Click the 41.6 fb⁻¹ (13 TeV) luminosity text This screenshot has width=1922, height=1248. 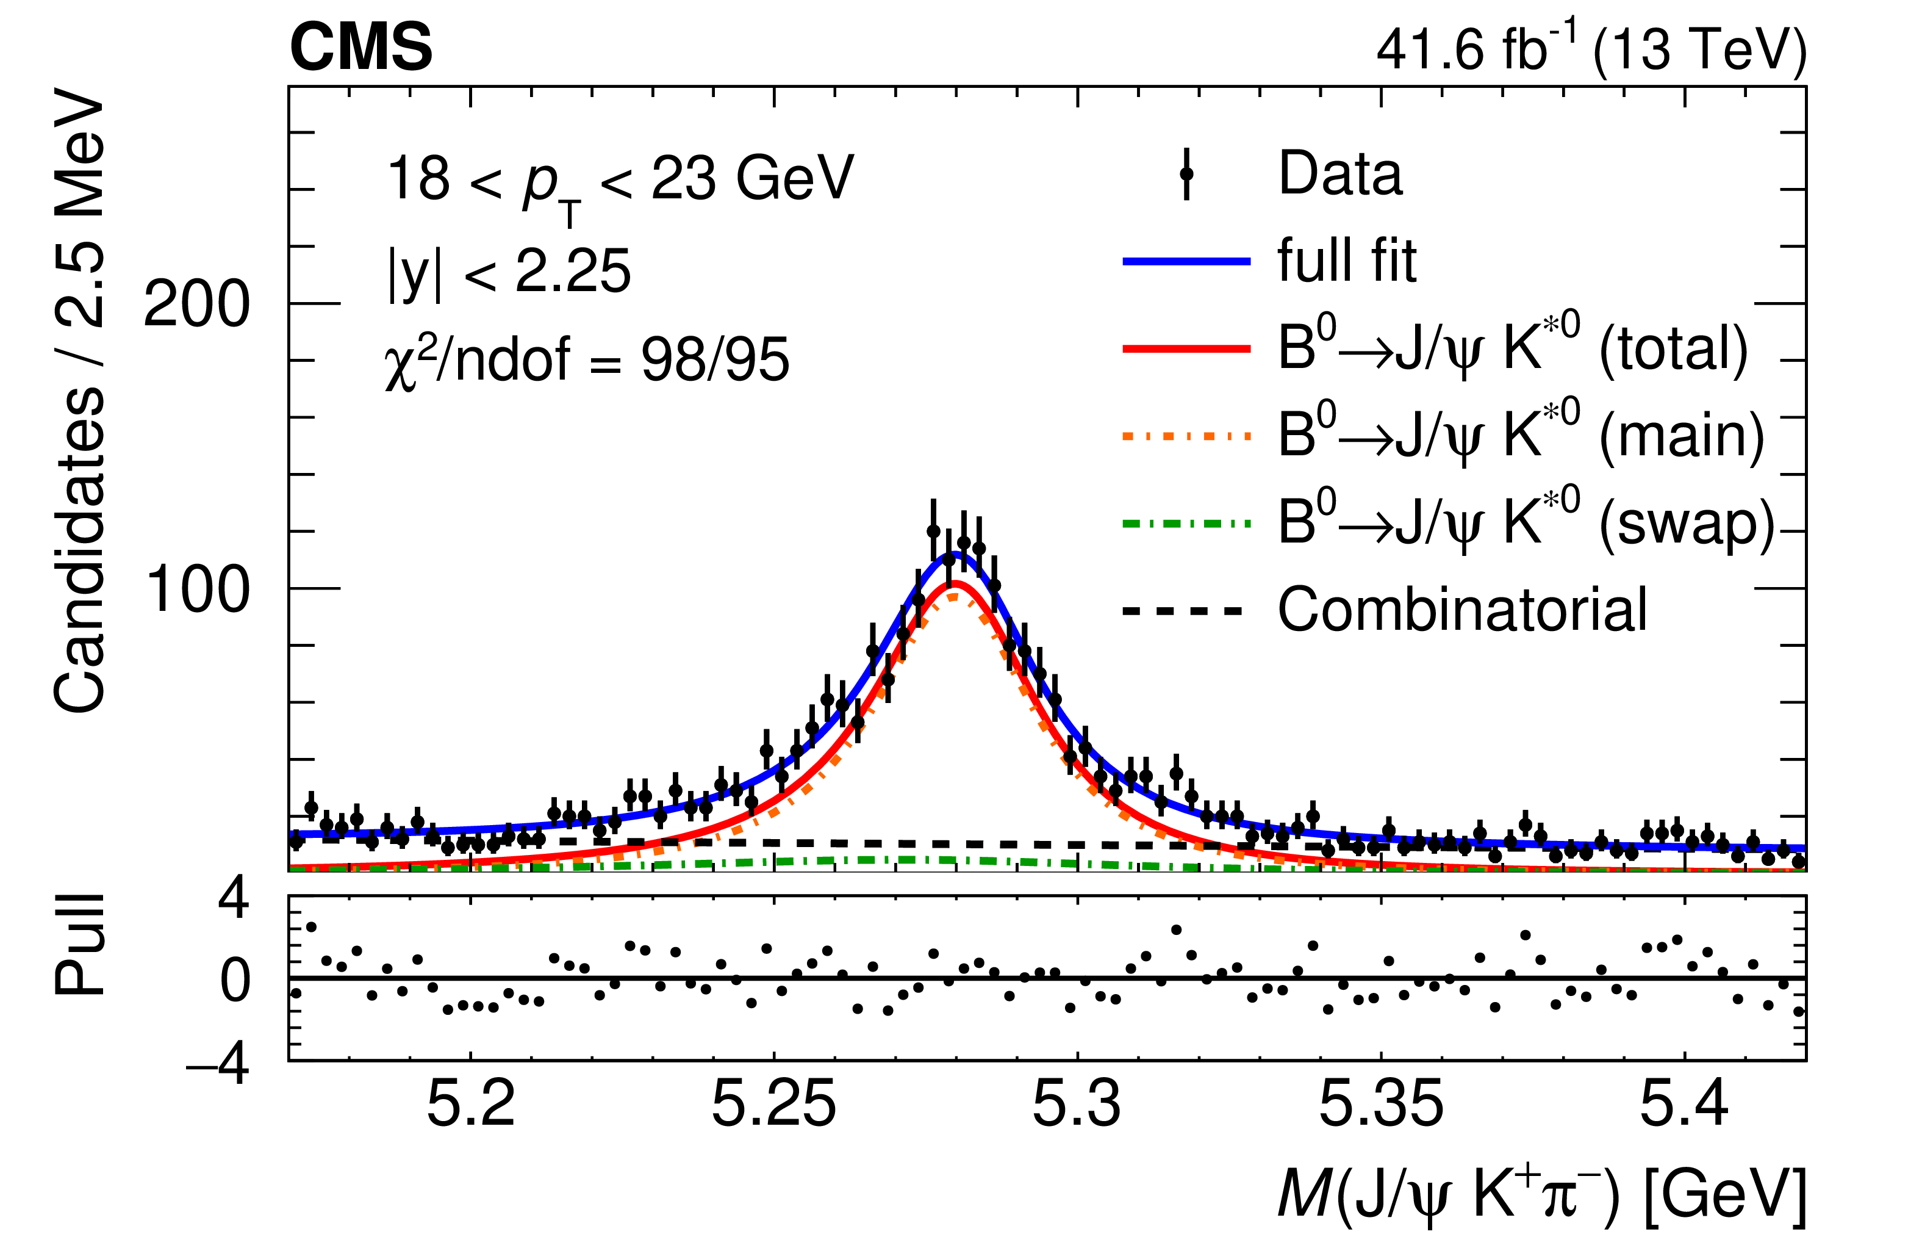1591,48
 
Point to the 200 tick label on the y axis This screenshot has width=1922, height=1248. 196,305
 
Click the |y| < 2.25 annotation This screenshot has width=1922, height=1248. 509,272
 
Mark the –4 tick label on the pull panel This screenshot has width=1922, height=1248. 218,1065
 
